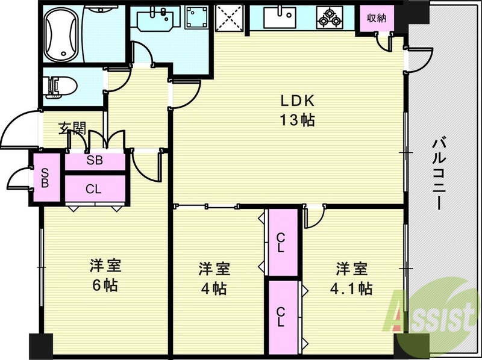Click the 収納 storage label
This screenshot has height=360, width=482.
click(x=377, y=17)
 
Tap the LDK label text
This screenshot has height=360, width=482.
click(x=296, y=101)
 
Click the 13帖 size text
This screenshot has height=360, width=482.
click(x=296, y=120)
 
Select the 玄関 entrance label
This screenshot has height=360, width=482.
click(x=72, y=128)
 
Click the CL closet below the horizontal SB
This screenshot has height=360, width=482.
click(x=94, y=188)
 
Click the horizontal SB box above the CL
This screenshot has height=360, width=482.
click(x=94, y=160)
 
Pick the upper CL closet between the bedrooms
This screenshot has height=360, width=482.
click(x=282, y=242)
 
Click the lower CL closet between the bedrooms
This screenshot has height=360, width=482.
click(x=282, y=316)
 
